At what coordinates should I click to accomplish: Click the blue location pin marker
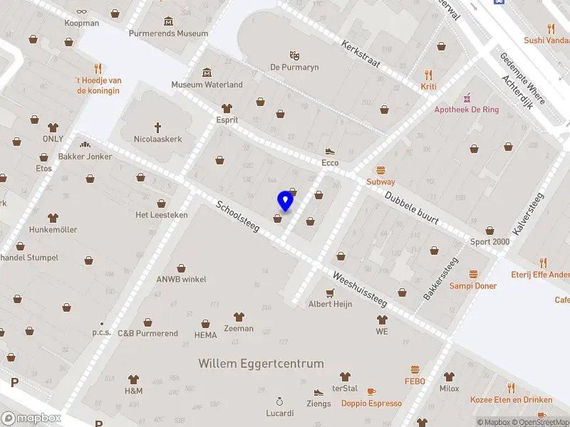286,201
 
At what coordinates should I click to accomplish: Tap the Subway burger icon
380,170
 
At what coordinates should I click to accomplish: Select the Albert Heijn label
330,304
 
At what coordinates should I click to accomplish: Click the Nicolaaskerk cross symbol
157,127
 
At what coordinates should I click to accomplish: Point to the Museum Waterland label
207,85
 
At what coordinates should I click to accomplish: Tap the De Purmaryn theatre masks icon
294,55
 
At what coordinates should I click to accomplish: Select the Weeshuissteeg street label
359,289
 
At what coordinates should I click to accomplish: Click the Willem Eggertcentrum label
261,364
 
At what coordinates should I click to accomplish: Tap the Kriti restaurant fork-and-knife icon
428,74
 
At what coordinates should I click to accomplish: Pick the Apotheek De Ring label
467,110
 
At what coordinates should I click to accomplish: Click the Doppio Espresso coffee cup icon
370,391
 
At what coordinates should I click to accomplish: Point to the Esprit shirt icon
227,108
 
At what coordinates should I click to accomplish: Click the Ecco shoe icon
329,151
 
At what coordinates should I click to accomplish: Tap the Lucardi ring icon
280,401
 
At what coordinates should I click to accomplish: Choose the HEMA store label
205,334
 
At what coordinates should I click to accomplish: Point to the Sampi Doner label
472,285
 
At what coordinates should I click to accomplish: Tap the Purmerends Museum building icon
168,21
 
